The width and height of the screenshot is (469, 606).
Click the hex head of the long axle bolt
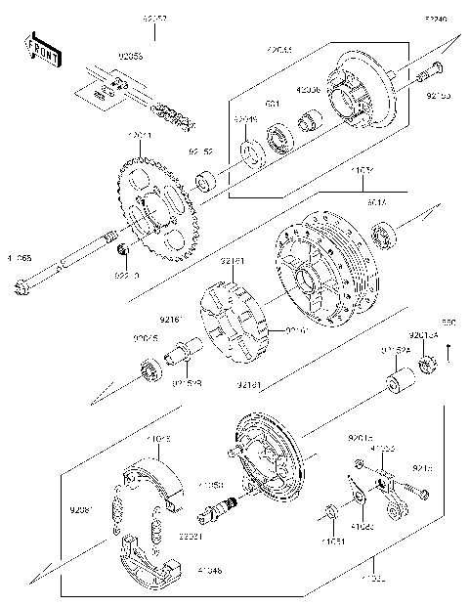tap(21, 287)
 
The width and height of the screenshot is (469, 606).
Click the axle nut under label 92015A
tap(427, 369)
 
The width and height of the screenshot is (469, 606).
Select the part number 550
tap(448, 322)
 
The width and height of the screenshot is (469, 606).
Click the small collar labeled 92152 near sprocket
tap(206, 182)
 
